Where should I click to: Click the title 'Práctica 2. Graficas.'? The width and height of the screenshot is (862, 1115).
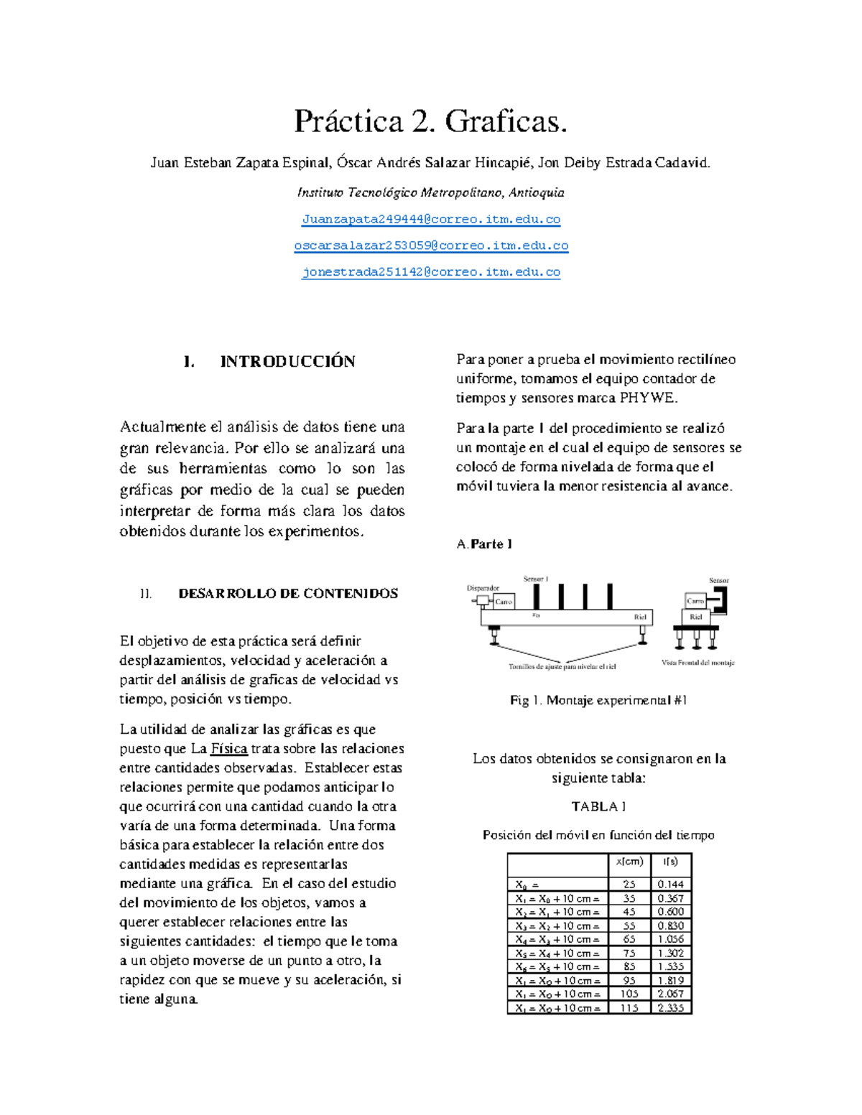(x=430, y=121)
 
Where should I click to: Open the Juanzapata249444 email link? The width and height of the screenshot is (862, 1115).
(x=430, y=219)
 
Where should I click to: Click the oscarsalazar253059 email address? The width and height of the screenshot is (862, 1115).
(x=430, y=246)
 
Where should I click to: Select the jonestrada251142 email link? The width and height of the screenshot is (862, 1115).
(x=430, y=272)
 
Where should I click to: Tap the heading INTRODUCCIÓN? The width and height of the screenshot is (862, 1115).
(x=287, y=361)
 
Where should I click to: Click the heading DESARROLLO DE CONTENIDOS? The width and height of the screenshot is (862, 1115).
(x=287, y=594)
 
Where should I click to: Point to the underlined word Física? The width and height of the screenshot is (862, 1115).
(x=228, y=749)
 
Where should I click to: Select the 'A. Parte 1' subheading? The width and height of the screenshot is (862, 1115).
(x=484, y=544)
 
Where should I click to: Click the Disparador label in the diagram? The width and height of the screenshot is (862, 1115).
(x=483, y=588)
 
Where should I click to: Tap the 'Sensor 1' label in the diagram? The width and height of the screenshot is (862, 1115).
(x=535, y=579)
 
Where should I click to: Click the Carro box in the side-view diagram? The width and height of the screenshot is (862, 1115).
(x=504, y=602)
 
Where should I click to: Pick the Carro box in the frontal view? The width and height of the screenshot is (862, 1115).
(x=695, y=601)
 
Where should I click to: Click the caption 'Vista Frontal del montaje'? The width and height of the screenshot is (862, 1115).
(x=698, y=663)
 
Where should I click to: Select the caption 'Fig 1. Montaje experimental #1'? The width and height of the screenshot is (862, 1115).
(x=598, y=700)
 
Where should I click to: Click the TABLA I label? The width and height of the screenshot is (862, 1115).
(x=598, y=806)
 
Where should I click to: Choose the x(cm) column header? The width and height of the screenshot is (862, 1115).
(x=629, y=862)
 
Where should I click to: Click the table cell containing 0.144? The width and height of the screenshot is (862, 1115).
(x=670, y=885)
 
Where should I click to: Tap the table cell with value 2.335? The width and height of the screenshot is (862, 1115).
(x=670, y=1008)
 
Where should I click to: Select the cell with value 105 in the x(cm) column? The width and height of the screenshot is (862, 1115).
(x=629, y=994)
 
